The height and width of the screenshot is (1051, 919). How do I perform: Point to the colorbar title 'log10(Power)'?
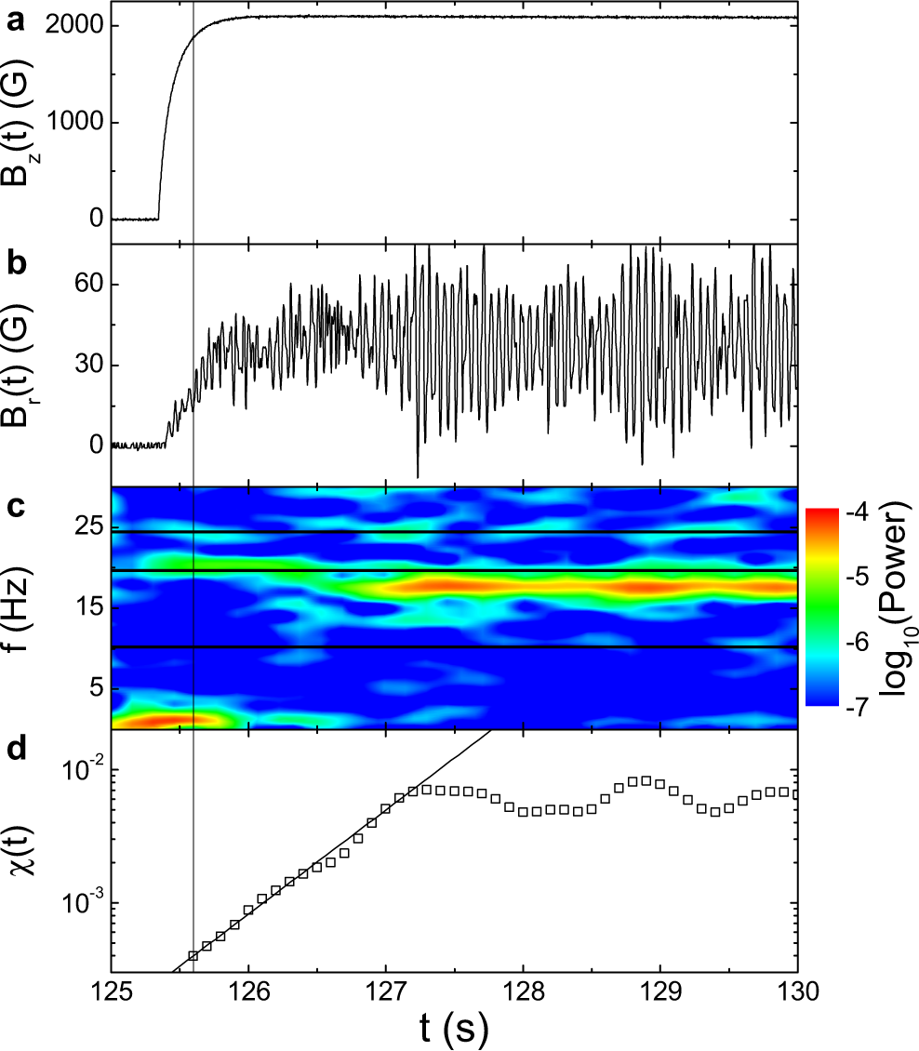(897, 607)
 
